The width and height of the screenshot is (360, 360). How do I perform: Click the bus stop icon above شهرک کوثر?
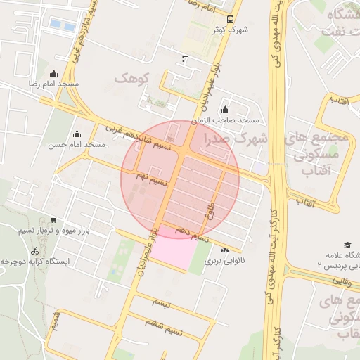(231, 19)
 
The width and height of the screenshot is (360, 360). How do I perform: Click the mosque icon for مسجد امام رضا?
(54, 74)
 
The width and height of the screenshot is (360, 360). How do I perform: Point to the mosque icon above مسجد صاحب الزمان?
(225, 110)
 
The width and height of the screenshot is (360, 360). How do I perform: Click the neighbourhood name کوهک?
(132, 77)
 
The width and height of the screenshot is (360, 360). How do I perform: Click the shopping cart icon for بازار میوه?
(53, 220)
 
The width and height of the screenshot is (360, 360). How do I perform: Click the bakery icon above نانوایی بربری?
(224, 250)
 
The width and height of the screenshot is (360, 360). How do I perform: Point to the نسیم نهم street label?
(151, 180)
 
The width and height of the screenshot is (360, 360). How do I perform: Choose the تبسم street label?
(160, 303)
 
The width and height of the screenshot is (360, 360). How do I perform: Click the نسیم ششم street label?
(166, 326)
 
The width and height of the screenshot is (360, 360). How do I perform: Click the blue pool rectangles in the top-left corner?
(62, 25)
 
